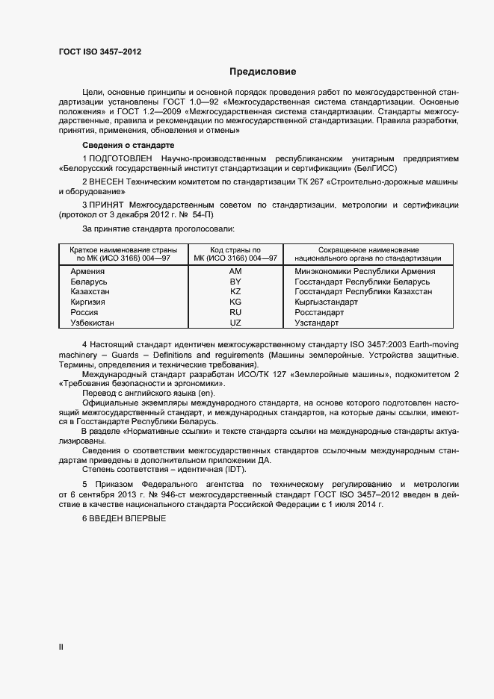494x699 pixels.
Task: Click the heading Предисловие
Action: [x=262, y=72]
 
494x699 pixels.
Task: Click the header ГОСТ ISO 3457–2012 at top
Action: [x=99, y=52]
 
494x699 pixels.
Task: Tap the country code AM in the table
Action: [x=235, y=271]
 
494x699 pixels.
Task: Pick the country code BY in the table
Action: [x=235, y=282]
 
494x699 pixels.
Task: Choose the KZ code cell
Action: [x=235, y=292]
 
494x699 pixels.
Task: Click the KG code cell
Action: [x=235, y=302]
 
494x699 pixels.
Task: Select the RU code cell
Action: [x=235, y=313]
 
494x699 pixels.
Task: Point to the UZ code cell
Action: [x=235, y=323]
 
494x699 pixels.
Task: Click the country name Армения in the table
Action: [x=87, y=271]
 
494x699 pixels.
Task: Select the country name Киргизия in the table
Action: [x=87, y=302]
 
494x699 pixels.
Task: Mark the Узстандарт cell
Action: [x=317, y=323]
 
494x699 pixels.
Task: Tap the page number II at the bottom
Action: [x=61, y=647]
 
